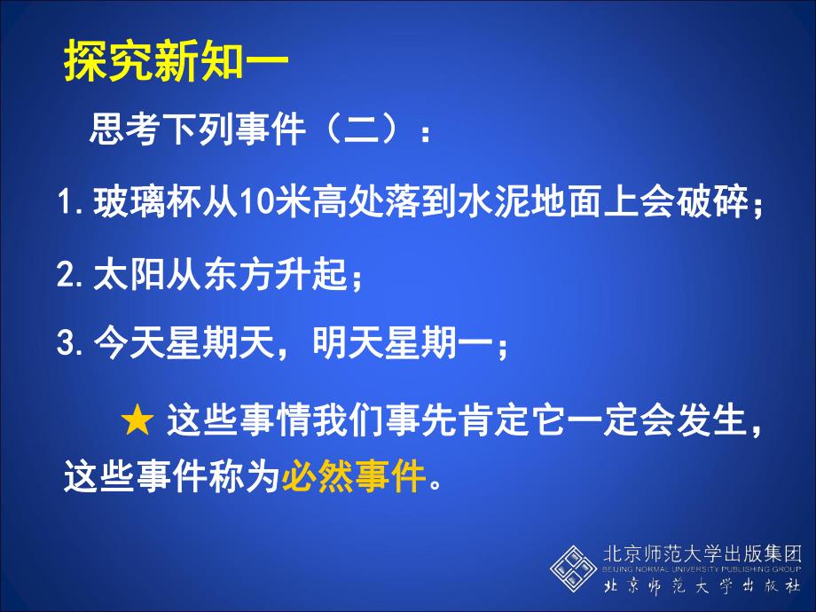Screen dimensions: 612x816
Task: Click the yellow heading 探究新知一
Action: (x=176, y=65)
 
